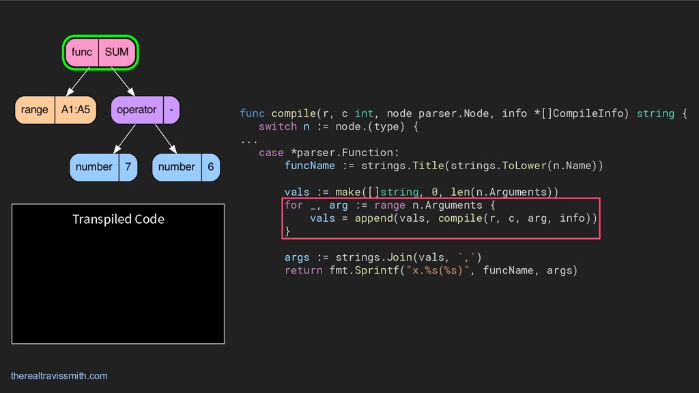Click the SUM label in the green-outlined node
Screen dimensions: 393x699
pos(117,52)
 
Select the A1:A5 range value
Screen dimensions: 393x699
pos(75,109)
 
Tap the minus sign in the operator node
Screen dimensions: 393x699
pos(171,109)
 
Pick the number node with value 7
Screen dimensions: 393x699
pos(103,167)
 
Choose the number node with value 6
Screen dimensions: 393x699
pos(186,167)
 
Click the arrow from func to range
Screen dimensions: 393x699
pos(78,82)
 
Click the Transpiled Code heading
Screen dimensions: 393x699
pos(118,219)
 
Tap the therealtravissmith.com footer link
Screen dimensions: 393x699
pos(59,376)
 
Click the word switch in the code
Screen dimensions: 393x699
pos(278,126)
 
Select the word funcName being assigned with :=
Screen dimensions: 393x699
pos(310,166)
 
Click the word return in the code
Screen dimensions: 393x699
pos(304,270)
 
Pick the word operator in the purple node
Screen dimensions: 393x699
pos(137,109)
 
